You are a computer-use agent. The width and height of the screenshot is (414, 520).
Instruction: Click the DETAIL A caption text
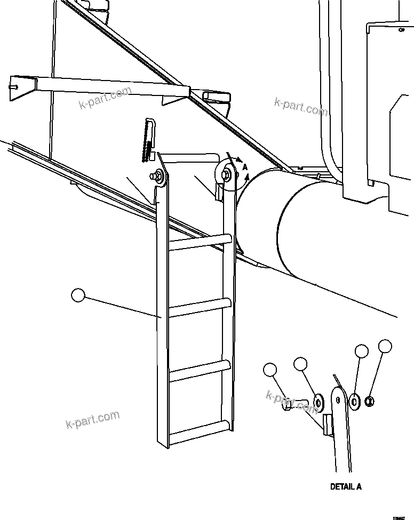pos(346,486)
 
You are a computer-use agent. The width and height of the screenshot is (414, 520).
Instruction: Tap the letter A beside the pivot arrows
pos(245,167)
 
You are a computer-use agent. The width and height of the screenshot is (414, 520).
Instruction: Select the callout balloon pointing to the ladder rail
pos(78,295)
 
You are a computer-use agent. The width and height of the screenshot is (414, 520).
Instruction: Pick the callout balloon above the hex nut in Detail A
pos(385,346)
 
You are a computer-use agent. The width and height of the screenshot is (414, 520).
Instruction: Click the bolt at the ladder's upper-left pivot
pos(160,174)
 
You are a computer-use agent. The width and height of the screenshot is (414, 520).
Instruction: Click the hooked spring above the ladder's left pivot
pos(149,139)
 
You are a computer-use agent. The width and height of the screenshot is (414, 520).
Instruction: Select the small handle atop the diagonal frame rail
pos(216,97)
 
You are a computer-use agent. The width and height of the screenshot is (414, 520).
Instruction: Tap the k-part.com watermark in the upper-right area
pos(301,106)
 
